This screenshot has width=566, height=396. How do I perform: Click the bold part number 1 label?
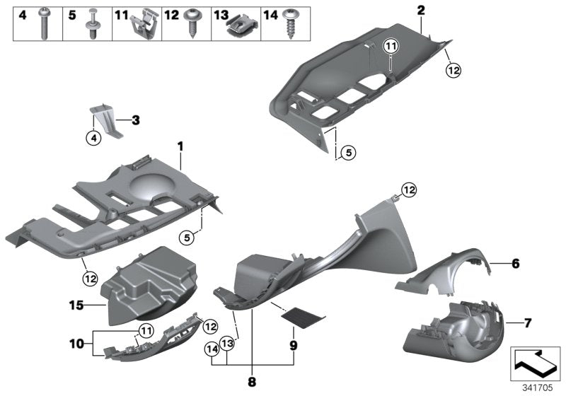[x=180, y=146]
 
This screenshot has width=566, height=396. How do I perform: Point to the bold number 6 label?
[x=515, y=263]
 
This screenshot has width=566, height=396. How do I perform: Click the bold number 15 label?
[x=76, y=305]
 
